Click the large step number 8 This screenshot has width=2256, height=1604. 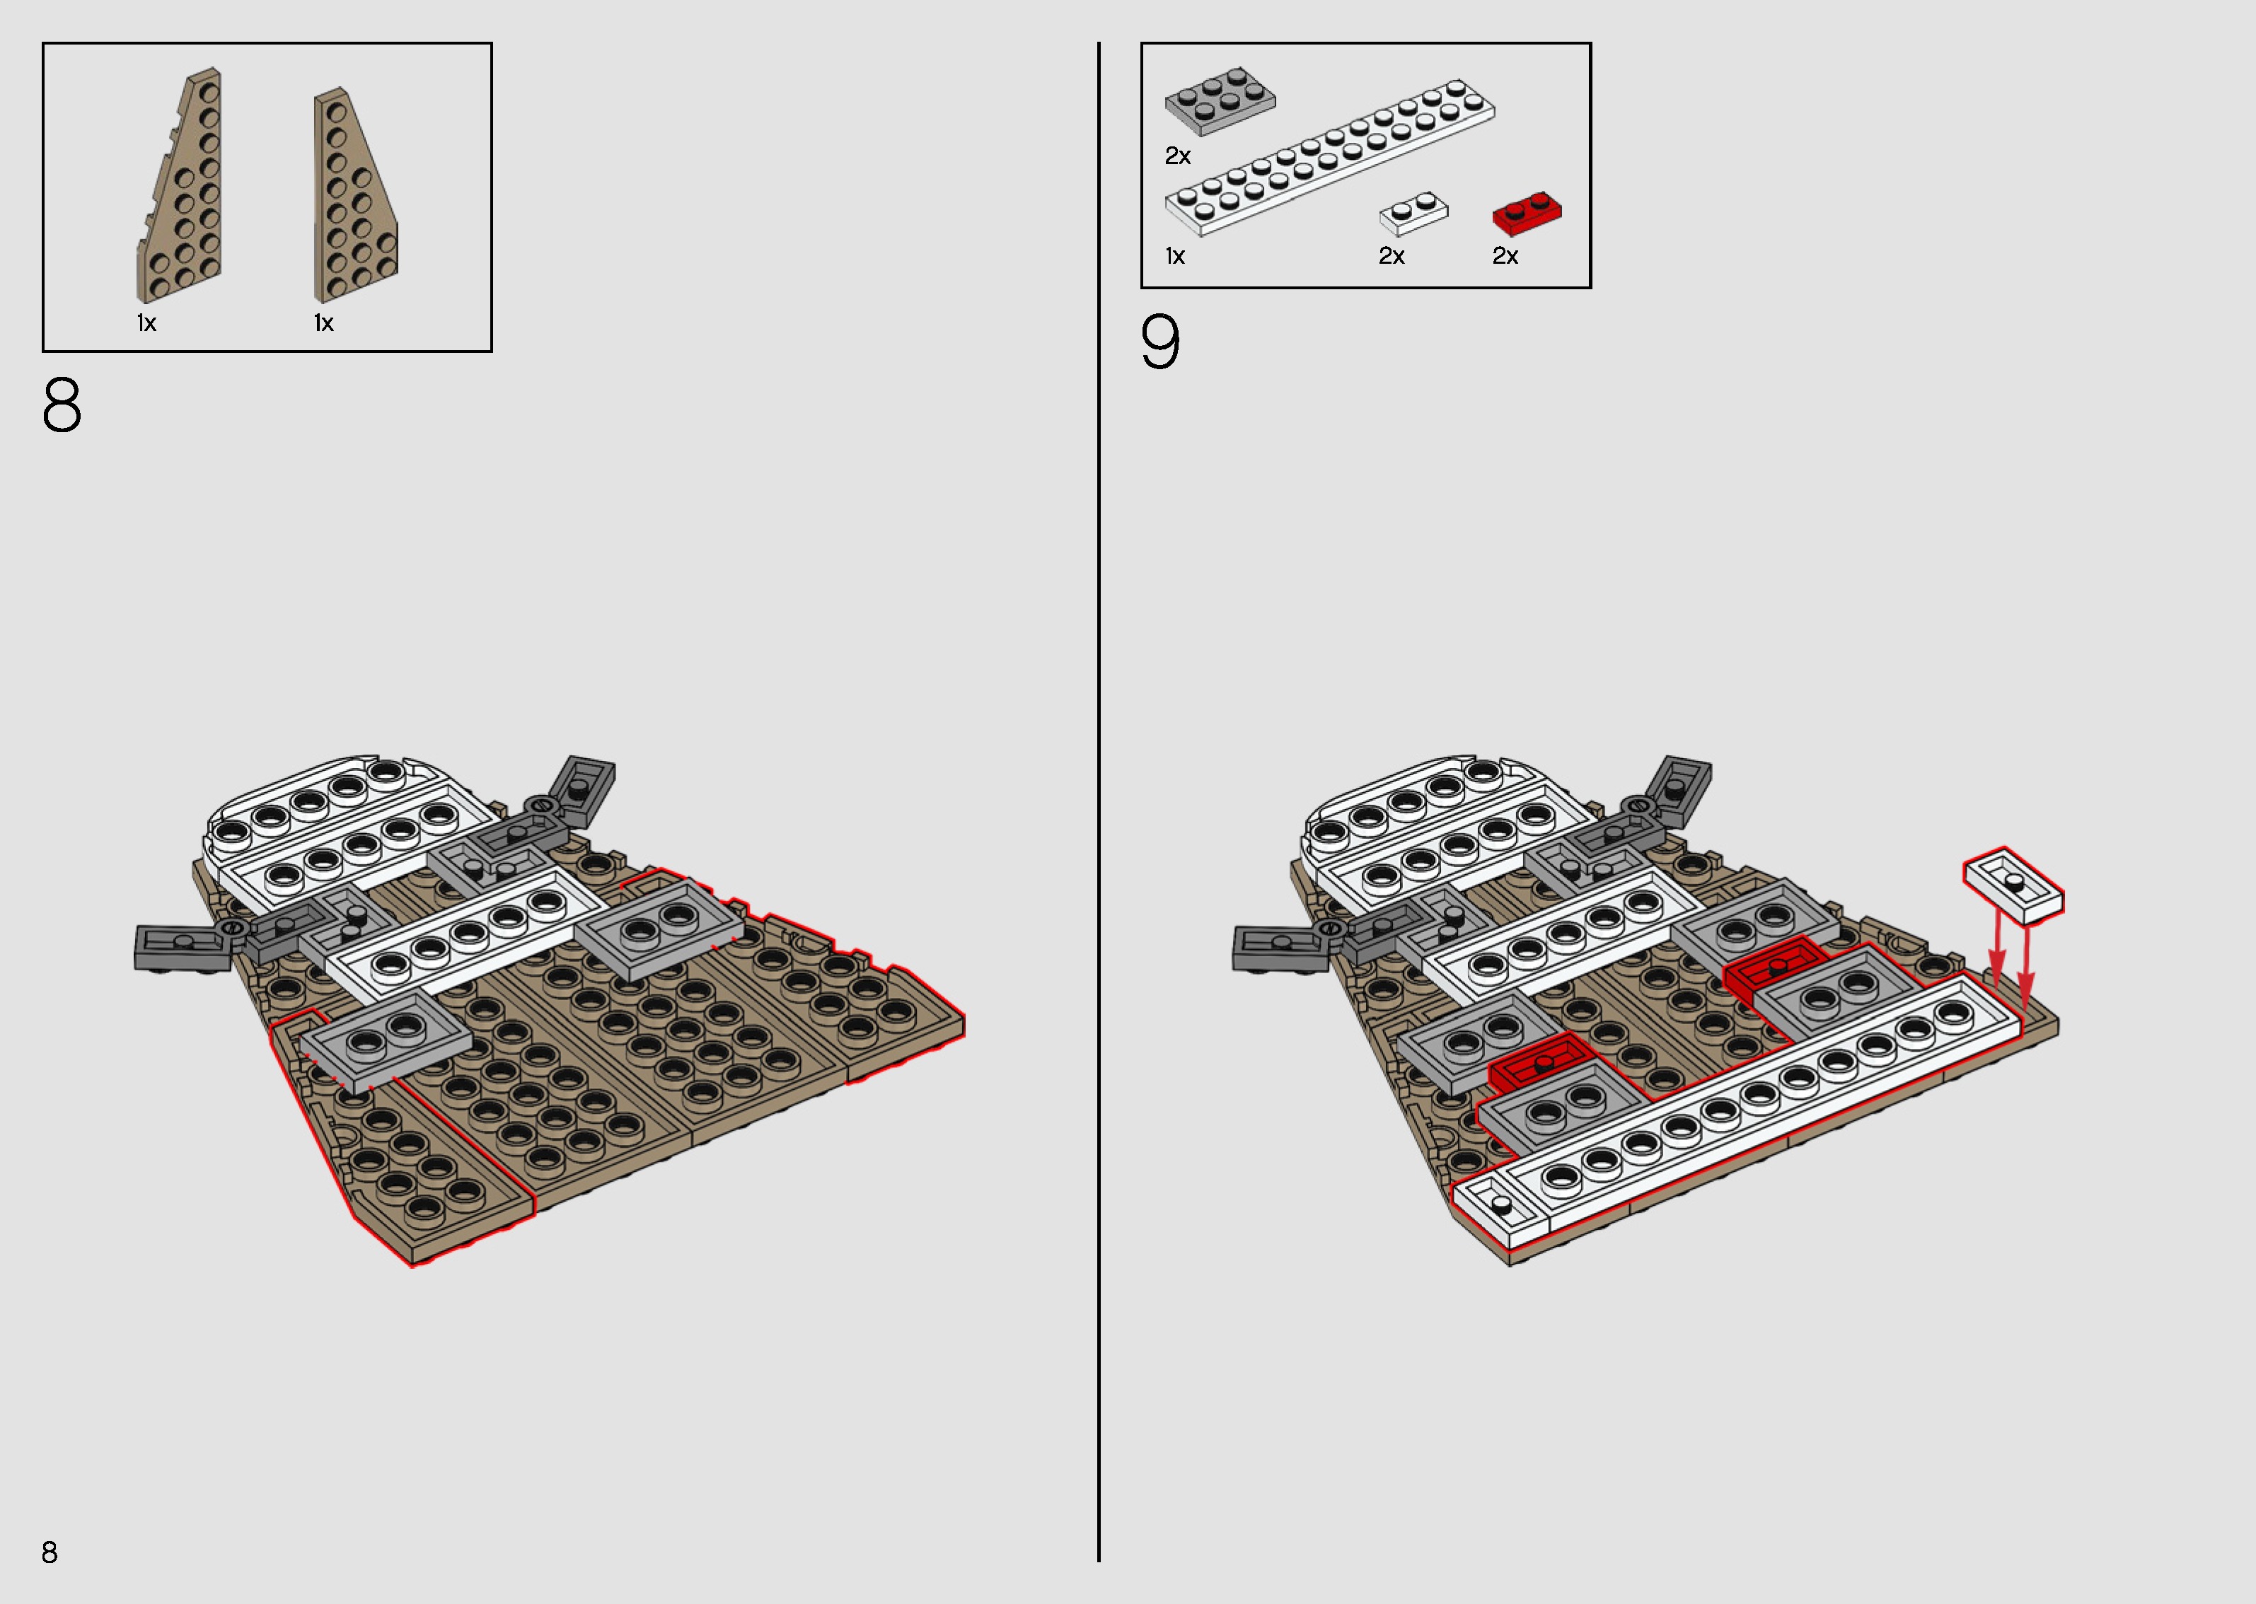coord(62,405)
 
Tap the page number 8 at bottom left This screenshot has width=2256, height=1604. coord(50,1552)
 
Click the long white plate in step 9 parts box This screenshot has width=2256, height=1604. coord(1329,158)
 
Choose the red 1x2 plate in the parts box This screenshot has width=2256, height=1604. coord(1526,212)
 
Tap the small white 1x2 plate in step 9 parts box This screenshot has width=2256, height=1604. coord(1413,212)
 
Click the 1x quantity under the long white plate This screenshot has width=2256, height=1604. coord(1174,257)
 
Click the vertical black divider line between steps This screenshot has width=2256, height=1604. coord(1099,790)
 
